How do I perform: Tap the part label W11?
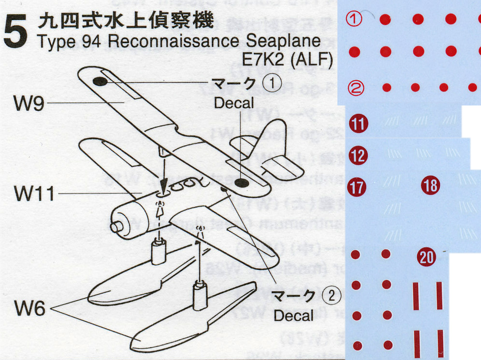32,194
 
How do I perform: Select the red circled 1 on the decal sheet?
355,19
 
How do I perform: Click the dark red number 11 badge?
358,124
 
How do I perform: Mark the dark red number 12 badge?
358,155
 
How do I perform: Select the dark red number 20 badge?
427,257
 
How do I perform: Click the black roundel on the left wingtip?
100,81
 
